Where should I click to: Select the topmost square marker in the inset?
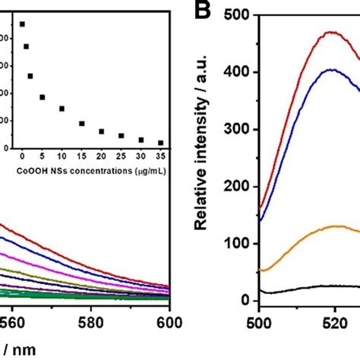click(x=22, y=24)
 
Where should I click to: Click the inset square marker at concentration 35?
click(x=160, y=142)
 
